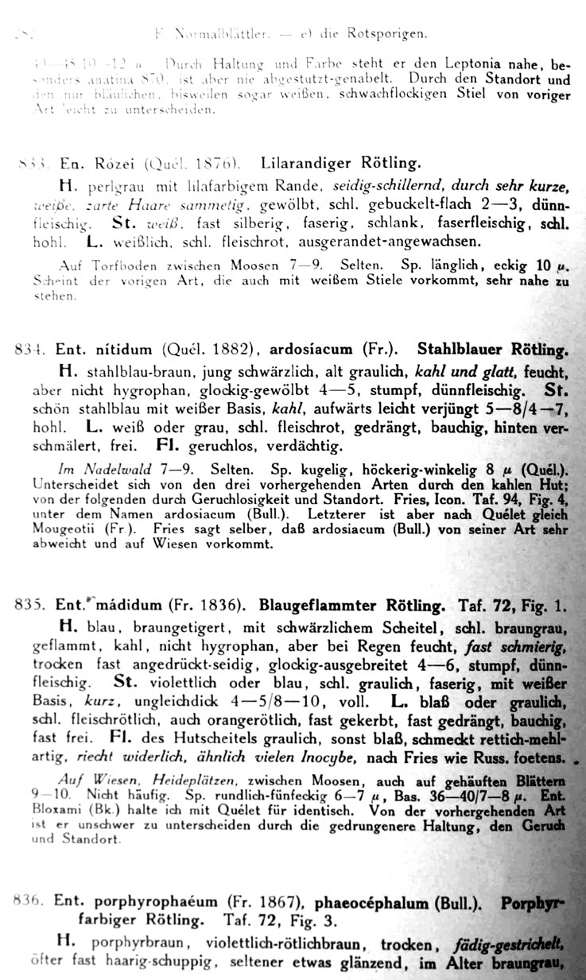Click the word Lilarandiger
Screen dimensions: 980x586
pos(303,165)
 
